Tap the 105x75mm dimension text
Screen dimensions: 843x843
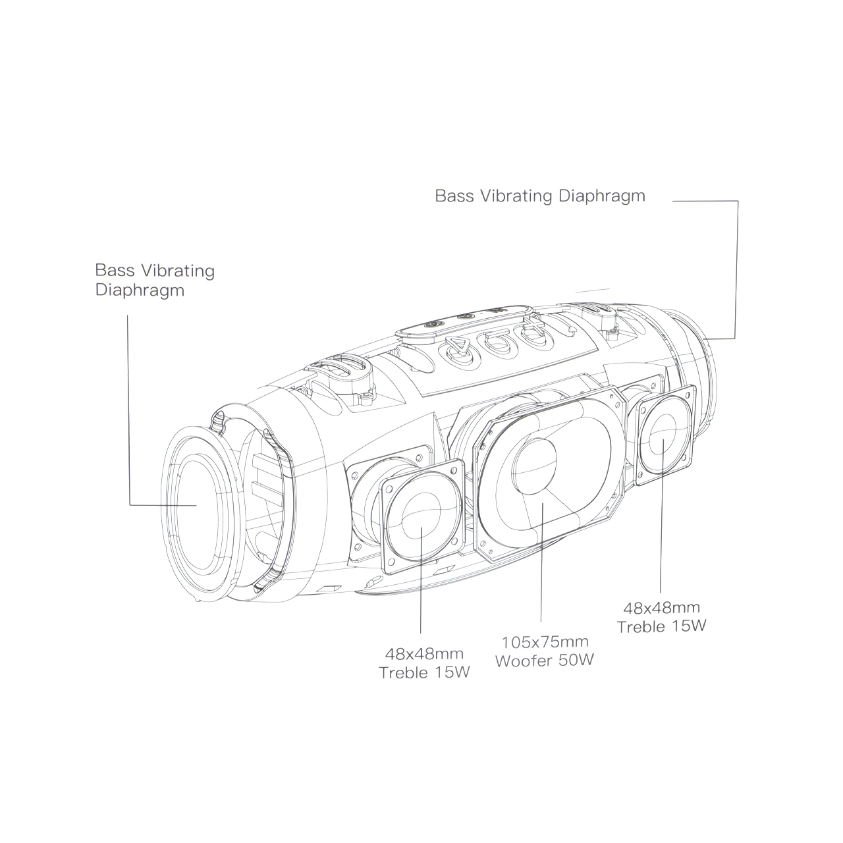(x=545, y=641)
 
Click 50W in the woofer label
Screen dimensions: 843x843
(x=576, y=660)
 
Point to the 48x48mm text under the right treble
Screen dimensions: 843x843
(x=661, y=608)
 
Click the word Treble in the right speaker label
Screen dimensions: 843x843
(x=641, y=627)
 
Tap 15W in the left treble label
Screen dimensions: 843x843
(x=452, y=672)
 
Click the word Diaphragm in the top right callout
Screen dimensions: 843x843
(x=602, y=196)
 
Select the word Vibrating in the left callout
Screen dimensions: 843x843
(x=178, y=271)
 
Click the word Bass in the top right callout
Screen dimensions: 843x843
(x=454, y=196)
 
